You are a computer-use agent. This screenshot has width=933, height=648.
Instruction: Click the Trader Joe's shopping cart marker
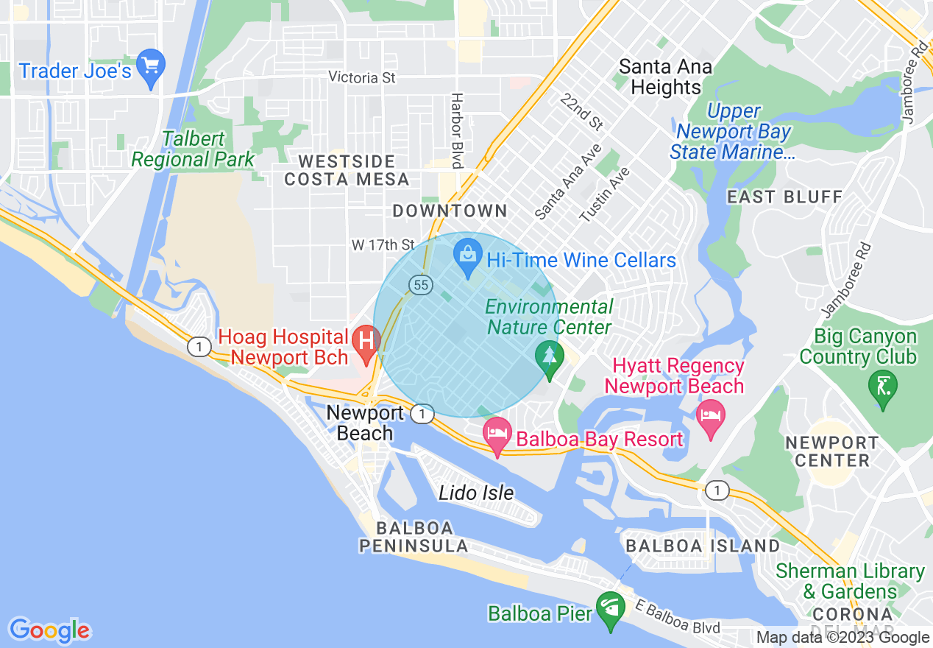pyautogui.click(x=151, y=68)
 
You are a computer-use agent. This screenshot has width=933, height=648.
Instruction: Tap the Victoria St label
pyautogui.click(x=362, y=77)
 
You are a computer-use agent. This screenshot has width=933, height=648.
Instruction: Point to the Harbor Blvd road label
pyautogui.click(x=457, y=130)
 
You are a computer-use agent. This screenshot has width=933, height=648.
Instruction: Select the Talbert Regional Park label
pyautogui.click(x=193, y=149)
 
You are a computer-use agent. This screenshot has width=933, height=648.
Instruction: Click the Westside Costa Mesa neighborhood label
pyautogui.click(x=347, y=170)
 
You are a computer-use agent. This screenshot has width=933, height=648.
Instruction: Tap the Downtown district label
pyautogui.click(x=450, y=211)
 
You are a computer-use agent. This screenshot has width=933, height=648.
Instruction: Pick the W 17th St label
pyautogui.click(x=383, y=244)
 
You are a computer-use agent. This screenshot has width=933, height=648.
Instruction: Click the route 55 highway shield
pyautogui.click(x=420, y=285)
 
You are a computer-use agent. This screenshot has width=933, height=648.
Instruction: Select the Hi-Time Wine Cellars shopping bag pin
pyautogui.click(x=467, y=258)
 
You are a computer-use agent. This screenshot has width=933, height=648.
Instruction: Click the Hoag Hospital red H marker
pyautogui.click(x=366, y=341)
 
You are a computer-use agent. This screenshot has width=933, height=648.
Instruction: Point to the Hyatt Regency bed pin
pyautogui.click(x=711, y=418)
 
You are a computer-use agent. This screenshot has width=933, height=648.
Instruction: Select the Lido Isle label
pyautogui.click(x=476, y=493)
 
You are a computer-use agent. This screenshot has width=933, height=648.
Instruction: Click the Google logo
pyautogui.click(x=49, y=630)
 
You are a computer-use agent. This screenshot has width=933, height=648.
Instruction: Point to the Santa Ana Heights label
pyautogui.click(x=666, y=77)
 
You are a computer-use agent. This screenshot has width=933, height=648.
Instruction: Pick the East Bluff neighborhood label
pyautogui.click(x=784, y=197)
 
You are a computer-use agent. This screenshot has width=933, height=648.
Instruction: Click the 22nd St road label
pyautogui.click(x=581, y=113)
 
